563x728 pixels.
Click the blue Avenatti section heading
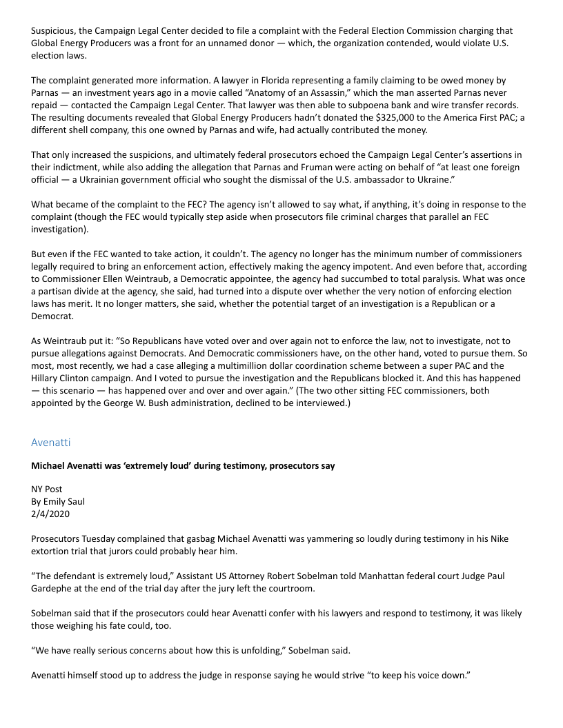[50, 441]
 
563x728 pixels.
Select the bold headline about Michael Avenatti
[183, 466]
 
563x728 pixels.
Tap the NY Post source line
[47, 489]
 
